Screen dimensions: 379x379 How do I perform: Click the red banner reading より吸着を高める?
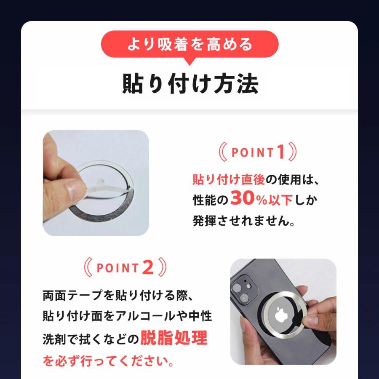click(189, 44)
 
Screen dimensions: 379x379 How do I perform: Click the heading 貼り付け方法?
click(190, 84)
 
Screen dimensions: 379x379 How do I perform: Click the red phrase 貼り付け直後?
click(229, 179)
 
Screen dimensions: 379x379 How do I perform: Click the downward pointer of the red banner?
click(189, 61)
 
